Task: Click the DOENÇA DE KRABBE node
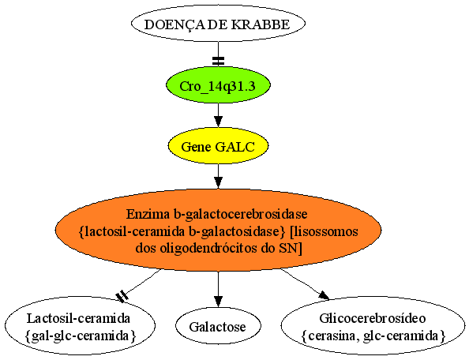(x=218, y=24)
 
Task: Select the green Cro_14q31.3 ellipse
(x=219, y=85)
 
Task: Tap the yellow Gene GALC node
(x=218, y=146)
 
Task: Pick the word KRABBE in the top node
(x=261, y=24)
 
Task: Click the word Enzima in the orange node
(x=148, y=214)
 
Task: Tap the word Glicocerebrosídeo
(x=373, y=318)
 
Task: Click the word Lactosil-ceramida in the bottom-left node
(x=78, y=318)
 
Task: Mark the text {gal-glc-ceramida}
(x=81, y=336)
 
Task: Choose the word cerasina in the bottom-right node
(x=335, y=336)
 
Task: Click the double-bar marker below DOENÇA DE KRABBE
(x=218, y=61)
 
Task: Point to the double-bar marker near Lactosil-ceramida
(x=122, y=297)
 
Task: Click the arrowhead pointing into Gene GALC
(x=218, y=122)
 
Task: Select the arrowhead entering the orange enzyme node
(x=218, y=182)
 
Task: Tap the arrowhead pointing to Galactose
(x=218, y=302)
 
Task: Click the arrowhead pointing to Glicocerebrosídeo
(x=324, y=294)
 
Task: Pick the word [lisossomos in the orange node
(x=324, y=231)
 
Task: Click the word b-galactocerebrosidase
(x=240, y=214)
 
